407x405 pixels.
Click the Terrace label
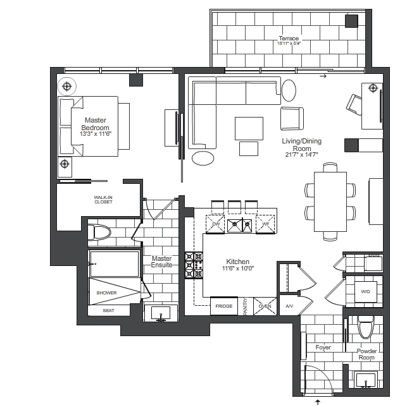coord(289,39)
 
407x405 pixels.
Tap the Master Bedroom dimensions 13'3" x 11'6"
coord(96,134)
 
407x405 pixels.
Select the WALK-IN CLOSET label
coord(103,200)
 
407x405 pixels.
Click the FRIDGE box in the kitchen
coord(224,306)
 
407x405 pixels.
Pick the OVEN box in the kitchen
coord(265,306)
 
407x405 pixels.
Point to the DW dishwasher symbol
coord(215,224)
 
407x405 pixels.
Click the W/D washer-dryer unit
coord(365,292)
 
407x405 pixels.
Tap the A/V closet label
coord(289,306)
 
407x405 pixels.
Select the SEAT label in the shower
coord(108,310)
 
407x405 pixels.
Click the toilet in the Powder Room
coord(366,327)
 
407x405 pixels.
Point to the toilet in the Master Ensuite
coord(99,232)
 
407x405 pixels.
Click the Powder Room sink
coord(366,380)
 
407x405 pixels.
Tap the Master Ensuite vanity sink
coord(161,313)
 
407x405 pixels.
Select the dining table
coord(330,202)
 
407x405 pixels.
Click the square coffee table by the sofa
coord(249,128)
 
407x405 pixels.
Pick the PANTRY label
coord(246,306)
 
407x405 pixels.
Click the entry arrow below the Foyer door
coord(318,402)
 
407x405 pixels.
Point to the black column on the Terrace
coord(351,21)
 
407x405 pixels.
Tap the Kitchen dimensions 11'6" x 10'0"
coord(238,269)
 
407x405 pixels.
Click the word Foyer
coord(323,348)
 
